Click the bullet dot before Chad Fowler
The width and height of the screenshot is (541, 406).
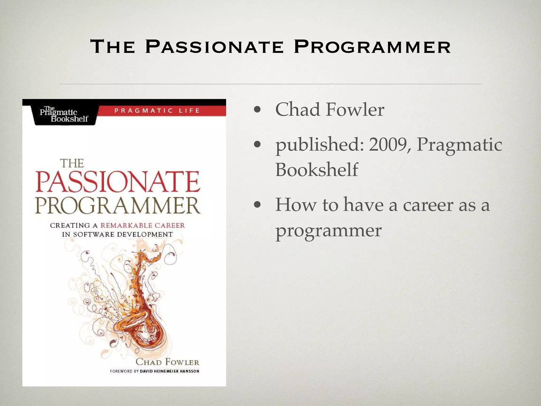pyautogui.click(x=257, y=109)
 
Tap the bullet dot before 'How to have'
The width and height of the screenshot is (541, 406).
pyautogui.click(x=257, y=205)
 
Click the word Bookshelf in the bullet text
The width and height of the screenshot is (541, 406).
pyautogui.click(x=316, y=169)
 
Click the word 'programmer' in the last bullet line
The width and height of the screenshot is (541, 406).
pyautogui.click(x=328, y=230)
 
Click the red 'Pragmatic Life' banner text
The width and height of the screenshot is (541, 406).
pyautogui.click(x=157, y=110)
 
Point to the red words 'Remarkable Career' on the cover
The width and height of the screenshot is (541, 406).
pyautogui.click(x=143, y=225)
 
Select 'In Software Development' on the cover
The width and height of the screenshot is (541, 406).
pyautogui.click(x=117, y=234)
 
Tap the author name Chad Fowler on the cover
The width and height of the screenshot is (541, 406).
pyautogui.click(x=167, y=362)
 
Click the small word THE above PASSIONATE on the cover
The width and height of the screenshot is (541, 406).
pyautogui.click(x=72, y=163)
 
